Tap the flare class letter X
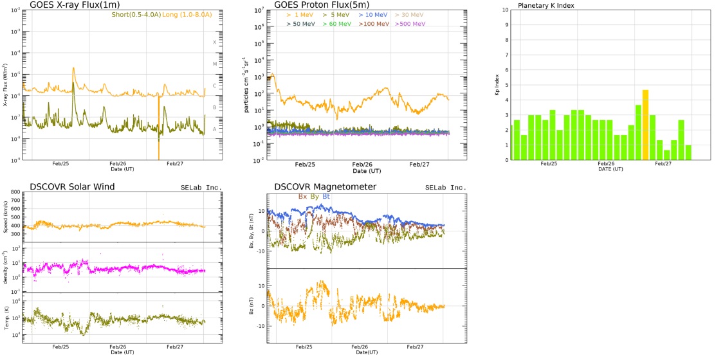pos(215,42)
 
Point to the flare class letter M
pos(215,64)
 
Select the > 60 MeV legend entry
pos(336,24)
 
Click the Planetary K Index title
pos(546,6)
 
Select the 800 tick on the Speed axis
pos(16,192)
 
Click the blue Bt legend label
pos(326,196)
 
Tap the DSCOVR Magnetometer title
pos(325,187)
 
